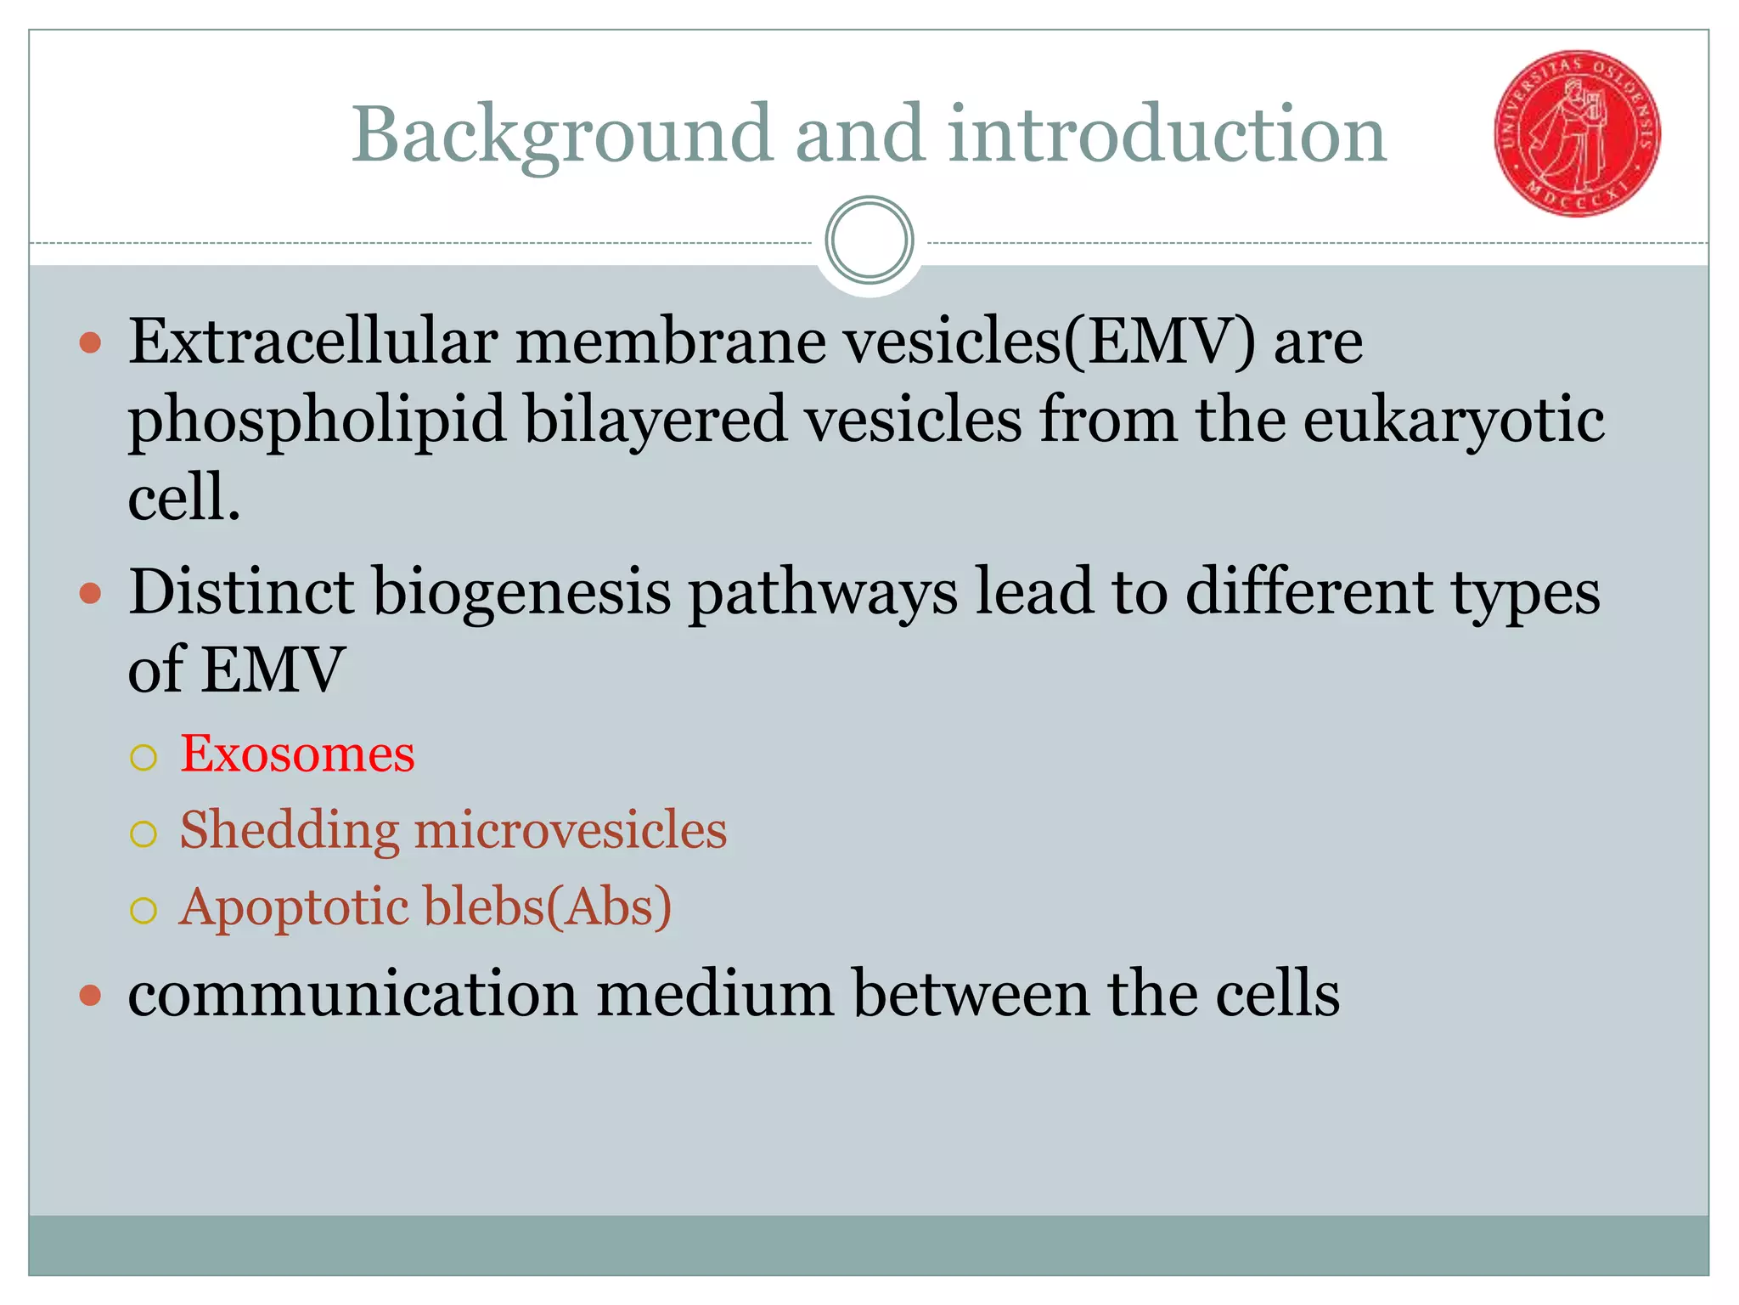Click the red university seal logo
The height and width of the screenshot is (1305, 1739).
pyautogui.click(x=1577, y=133)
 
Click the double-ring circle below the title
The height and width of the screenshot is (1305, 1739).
pyautogui.click(x=869, y=240)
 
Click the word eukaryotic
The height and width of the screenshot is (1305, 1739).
pyautogui.click(x=1453, y=421)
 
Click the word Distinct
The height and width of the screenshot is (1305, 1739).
pyautogui.click(x=241, y=591)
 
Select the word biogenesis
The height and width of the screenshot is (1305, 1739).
pyautogui.click(x=522, y=593)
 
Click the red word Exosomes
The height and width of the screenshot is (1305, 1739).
pyautogui.click(x=297, y=754)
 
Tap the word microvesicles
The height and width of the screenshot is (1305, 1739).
pyautogui.click(x=570, y=830)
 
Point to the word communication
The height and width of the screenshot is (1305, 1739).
pyautogui.click(x=352, y=994)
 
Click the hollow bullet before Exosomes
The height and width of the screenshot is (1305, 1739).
pyautogui.click(x=144, y=757)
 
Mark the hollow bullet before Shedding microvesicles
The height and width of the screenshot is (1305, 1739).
pyautogui.click(x=144, y=833)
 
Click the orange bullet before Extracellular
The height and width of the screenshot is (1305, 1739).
pyautogui.click(x=90, y=344)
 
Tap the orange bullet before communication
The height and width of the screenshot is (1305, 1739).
pyautogui.click(x=90, y=995)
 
